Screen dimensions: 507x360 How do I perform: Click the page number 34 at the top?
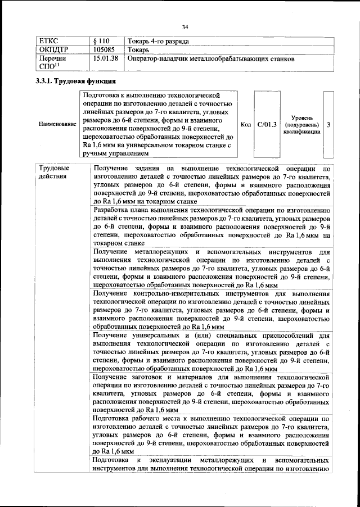point(184,27)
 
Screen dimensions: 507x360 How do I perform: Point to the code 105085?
point(104,50)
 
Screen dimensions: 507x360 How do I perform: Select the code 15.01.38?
point(106,58)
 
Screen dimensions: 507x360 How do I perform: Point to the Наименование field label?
point(57,124)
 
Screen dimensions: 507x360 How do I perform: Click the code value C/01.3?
point(267,124)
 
